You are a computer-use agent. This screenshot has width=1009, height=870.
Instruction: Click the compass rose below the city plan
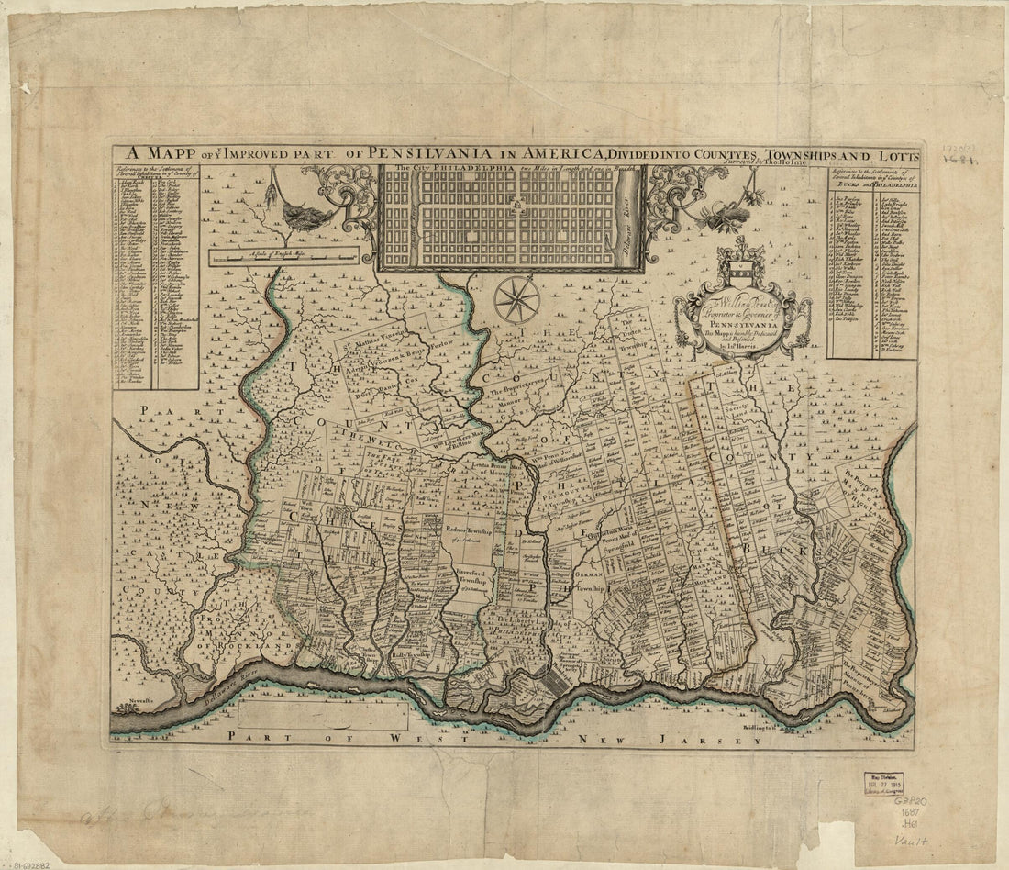pyautogui.click(x=517, y=299)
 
